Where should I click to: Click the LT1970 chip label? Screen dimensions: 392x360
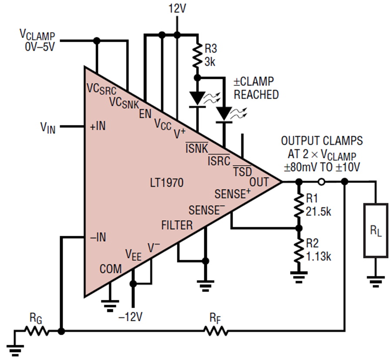(x=167, y=183)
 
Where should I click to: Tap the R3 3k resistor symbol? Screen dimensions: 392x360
(x=197, y=55)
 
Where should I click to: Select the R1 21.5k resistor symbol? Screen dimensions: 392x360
(x=298, y=205)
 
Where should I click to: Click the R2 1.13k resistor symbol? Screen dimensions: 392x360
(x=298, y=250)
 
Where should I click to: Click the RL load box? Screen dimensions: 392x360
(x=375, y=231)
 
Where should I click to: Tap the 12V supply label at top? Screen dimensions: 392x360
(x=177, y=9)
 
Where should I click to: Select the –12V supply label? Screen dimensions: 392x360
(x=131, y=317)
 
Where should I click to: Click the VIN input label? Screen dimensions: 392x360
(x=48, y=127)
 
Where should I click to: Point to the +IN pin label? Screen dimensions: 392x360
(x=98, y=126)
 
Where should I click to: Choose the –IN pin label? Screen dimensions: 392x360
(x=98, y=237)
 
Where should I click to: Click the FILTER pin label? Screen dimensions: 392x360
(x=177, y=225)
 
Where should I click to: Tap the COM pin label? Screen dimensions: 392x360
(x=111, y=269)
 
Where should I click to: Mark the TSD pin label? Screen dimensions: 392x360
(x=243, y=171)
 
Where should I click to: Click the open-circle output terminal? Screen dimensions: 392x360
(x=321, y=182)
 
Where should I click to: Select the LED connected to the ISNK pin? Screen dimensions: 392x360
(x=197, y=99)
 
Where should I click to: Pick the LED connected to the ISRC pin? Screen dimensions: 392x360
(x=224, y=115)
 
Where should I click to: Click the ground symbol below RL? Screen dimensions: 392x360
(x=375, y=282)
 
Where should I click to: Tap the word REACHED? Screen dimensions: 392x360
(x=256, y=95)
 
